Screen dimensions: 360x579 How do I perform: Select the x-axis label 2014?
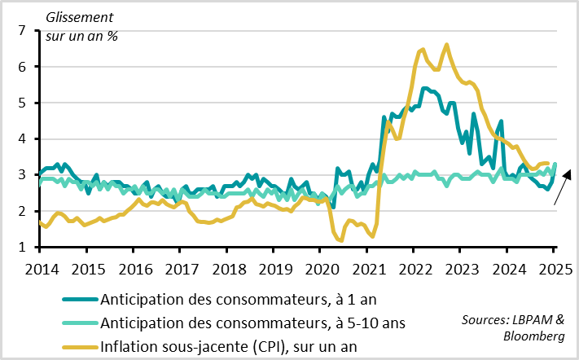pyautogui.click(x=40, y=266)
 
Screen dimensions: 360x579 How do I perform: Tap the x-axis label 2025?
pyautogui.click(x=555, y=266)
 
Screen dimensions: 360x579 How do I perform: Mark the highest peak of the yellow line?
pyautogui.click(x=446, y=44)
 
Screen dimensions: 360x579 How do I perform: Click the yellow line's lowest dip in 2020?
pyautogui.click(x=340, y=240)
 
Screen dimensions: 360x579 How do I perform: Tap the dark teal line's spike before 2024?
pyautogui.click(x=501, y=121)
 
